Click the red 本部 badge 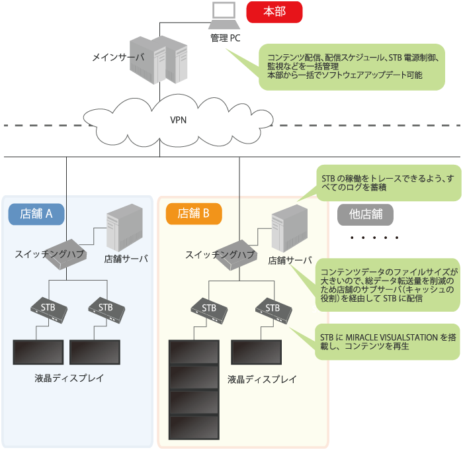tap(274, 11)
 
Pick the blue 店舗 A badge tap(36, 213)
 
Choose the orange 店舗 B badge tap(193, 213)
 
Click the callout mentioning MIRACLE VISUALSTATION tap(386, 341)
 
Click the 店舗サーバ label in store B tap(289, 260)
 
